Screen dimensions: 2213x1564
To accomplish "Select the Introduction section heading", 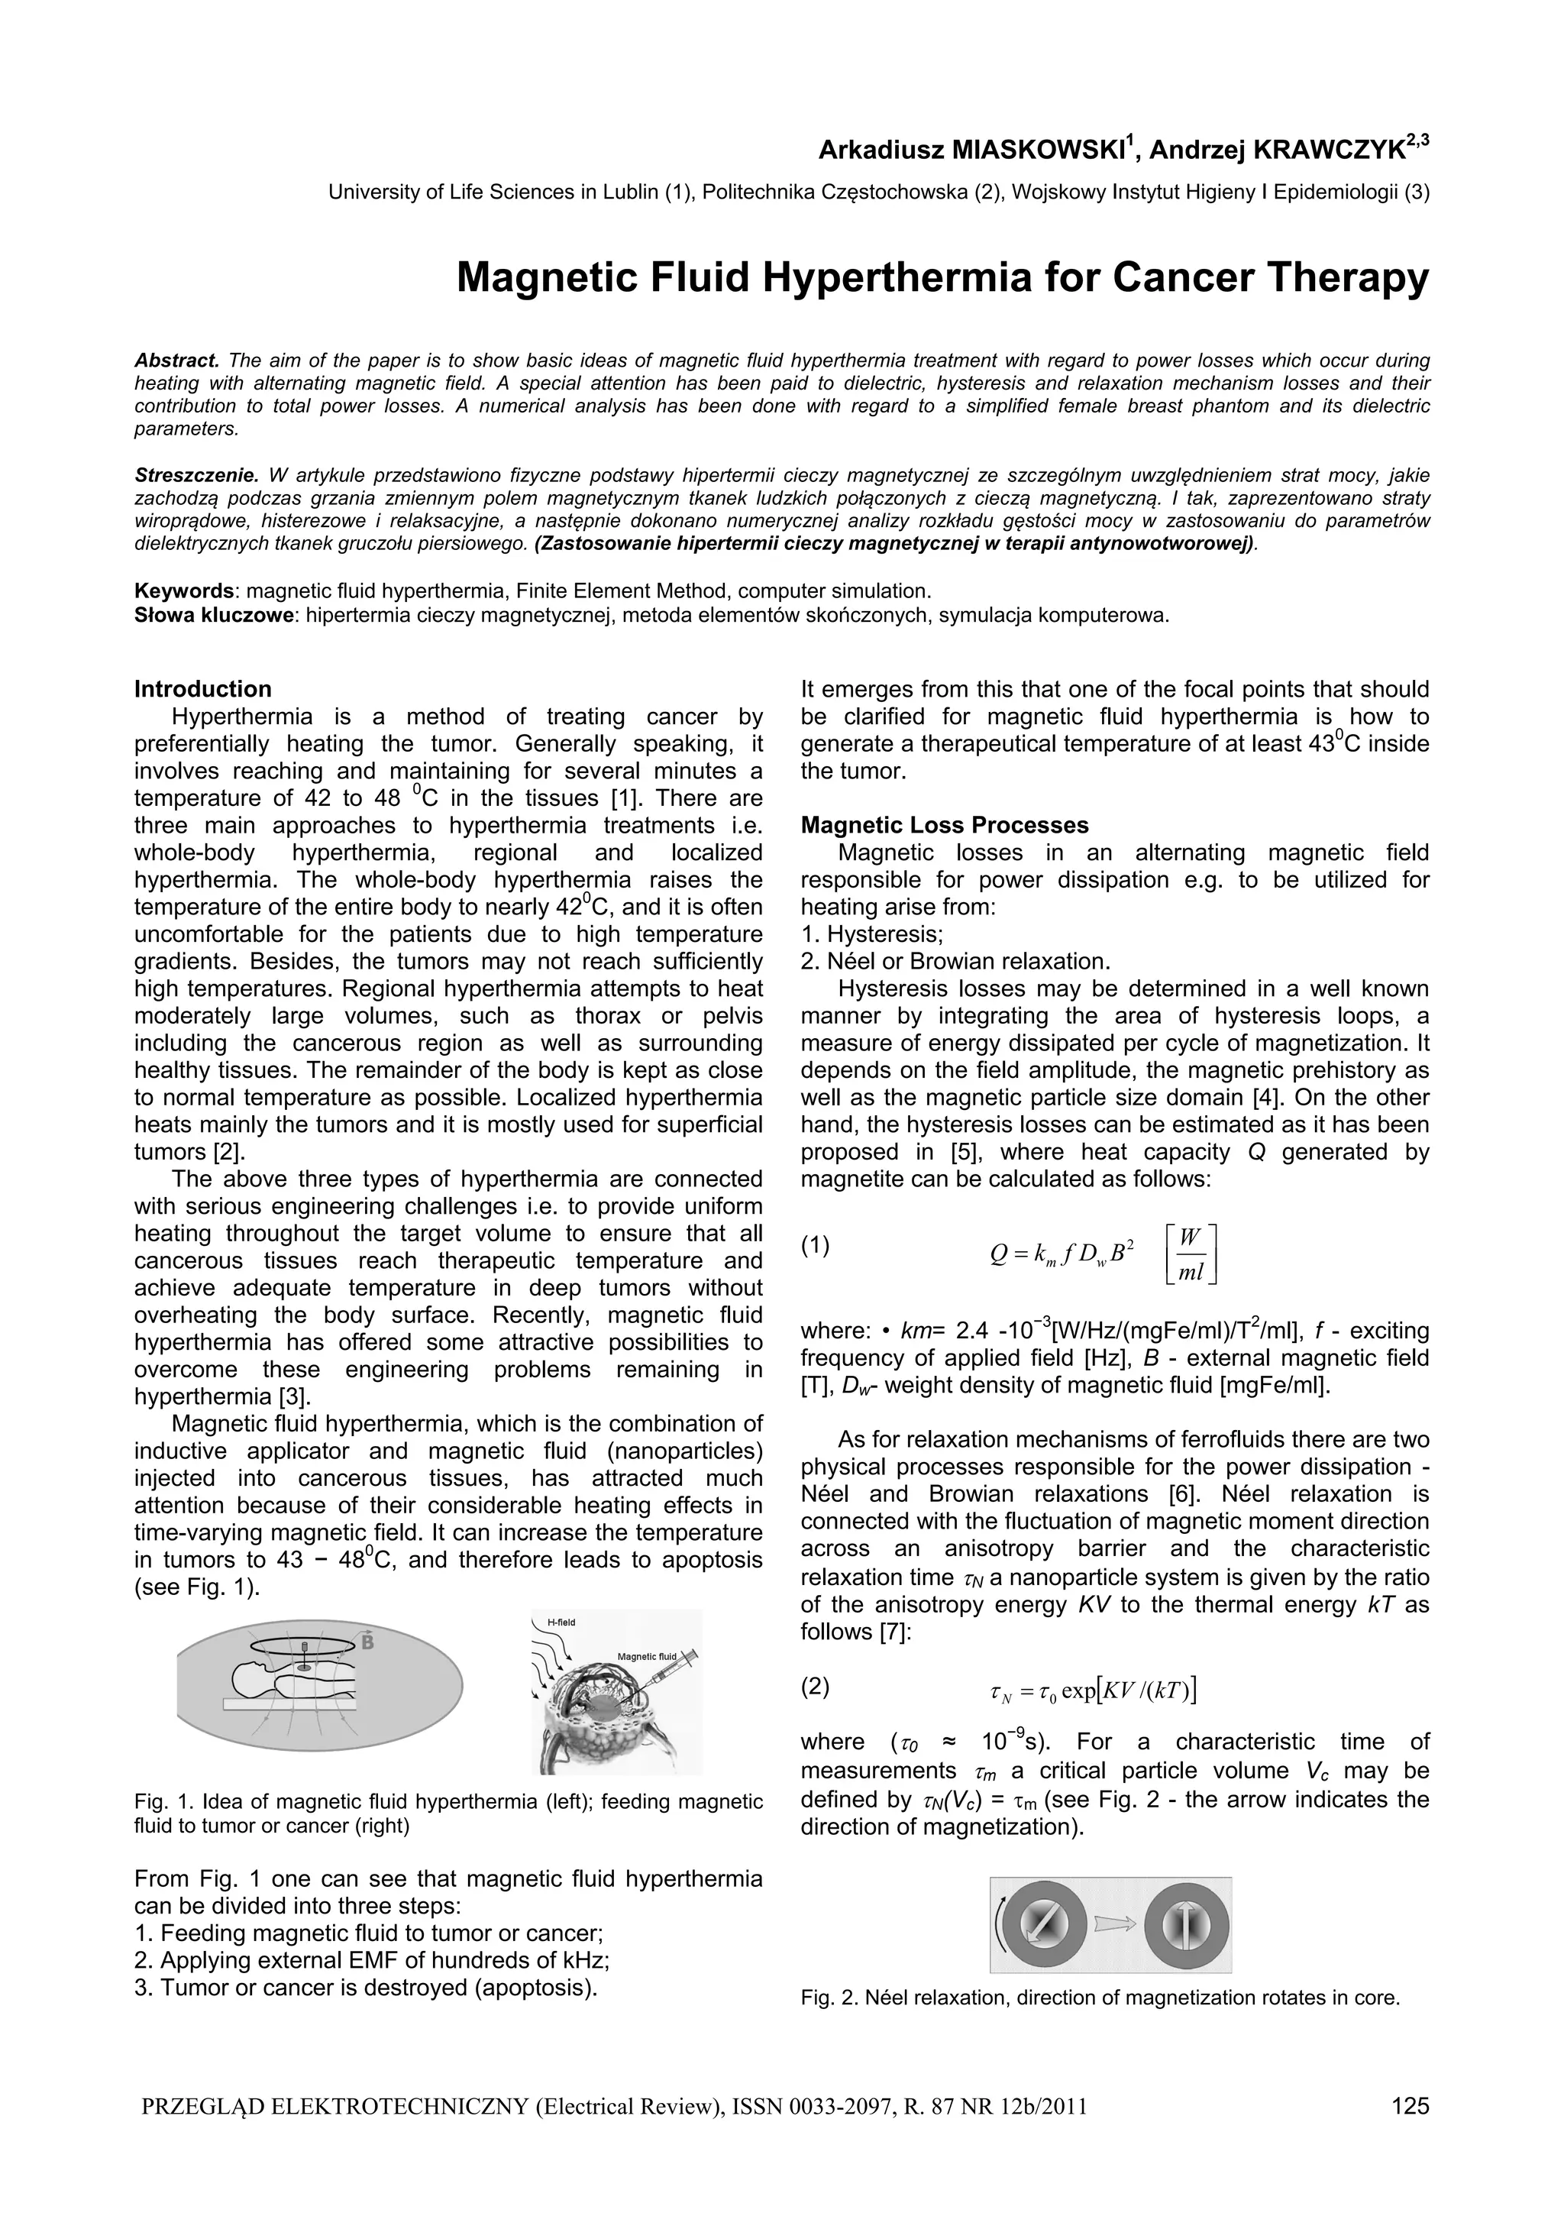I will [202, 689].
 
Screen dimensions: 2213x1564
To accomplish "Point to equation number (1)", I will [816, 1245].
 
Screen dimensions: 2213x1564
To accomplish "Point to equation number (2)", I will [816, 1686].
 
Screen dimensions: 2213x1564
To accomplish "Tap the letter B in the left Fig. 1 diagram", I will [367, 1642].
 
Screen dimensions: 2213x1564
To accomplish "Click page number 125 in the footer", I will [1410, 2132].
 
